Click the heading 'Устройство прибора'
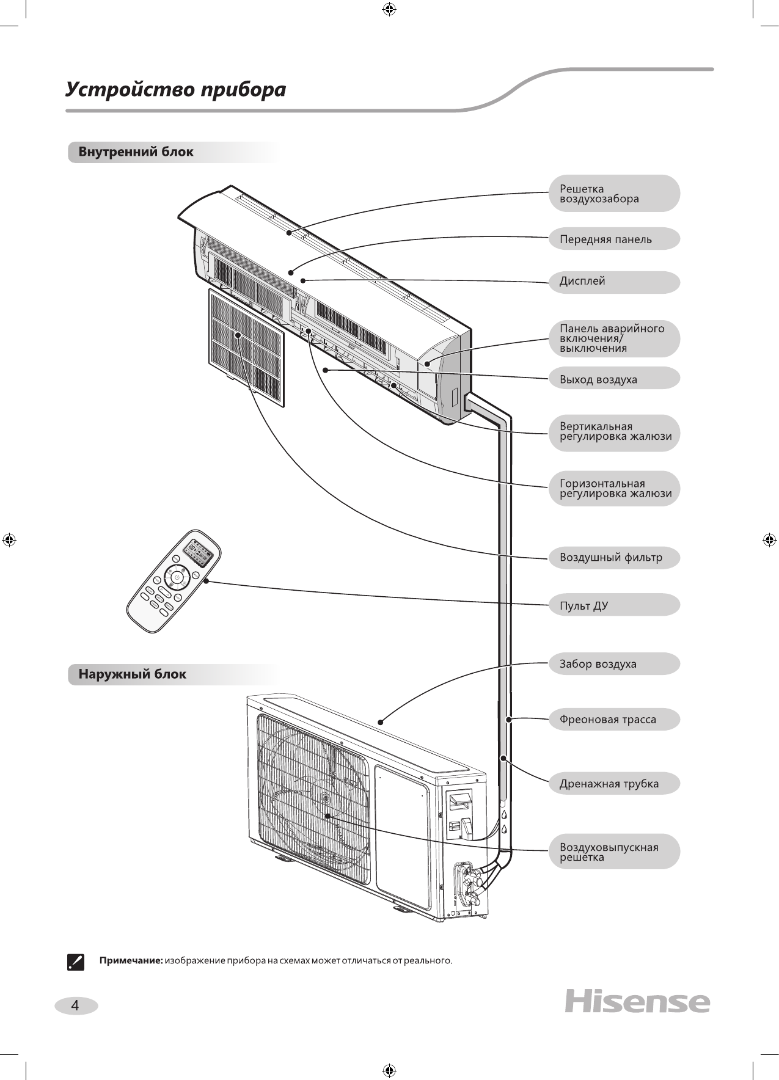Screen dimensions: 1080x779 [x=176, y=90]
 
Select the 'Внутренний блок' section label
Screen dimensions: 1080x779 [x=136, y=152]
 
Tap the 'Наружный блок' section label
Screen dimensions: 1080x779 [x=132, y=674]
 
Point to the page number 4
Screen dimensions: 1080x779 [x=75, y=1005]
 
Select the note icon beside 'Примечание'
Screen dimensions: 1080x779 [x=75, y=961]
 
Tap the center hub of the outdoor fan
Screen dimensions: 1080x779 [x=325, y=799]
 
